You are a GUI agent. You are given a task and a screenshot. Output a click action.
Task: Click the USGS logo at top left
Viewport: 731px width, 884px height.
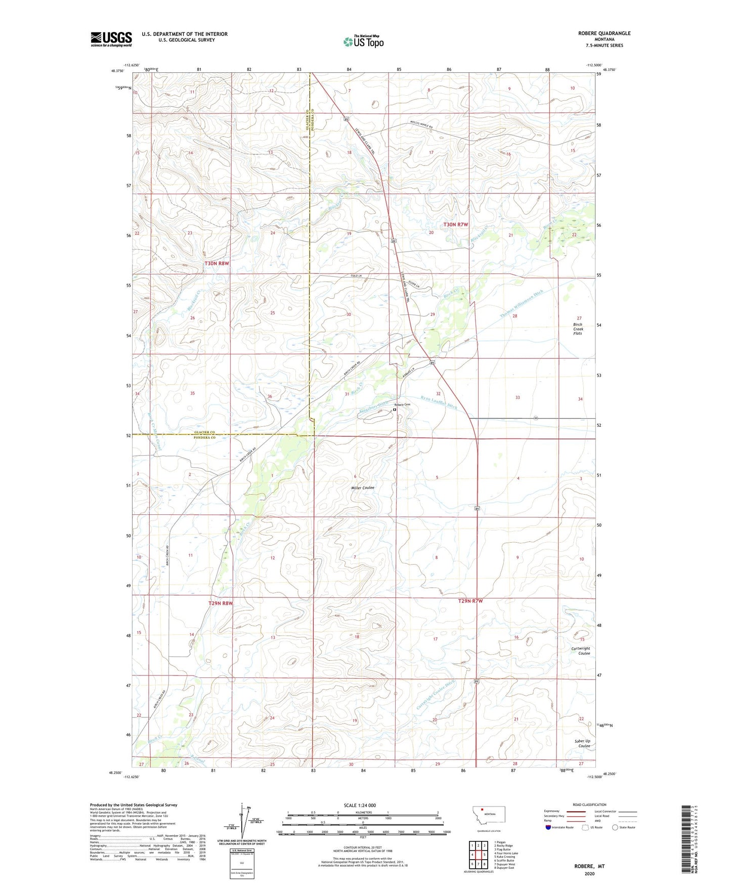(111, 39)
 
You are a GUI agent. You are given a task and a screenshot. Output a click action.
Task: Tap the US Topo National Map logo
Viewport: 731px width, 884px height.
(363, 42)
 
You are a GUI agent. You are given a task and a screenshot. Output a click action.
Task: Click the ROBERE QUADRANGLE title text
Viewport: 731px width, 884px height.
(604, 33)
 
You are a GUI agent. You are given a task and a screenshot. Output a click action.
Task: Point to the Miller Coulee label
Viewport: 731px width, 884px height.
(363, 488)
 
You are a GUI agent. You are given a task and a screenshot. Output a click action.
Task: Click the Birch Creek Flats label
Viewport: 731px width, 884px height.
(578, 329)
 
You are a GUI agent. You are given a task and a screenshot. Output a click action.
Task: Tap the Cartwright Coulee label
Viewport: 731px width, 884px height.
(580, 651)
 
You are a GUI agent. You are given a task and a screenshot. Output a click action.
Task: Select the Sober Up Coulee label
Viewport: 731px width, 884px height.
(582, 743)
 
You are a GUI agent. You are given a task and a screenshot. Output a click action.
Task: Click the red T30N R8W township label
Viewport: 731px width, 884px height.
(217, 264)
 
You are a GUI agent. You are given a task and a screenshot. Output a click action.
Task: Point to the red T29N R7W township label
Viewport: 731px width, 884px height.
(470, 601)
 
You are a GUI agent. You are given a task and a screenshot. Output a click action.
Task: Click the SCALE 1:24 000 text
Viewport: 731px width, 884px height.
(360, 805)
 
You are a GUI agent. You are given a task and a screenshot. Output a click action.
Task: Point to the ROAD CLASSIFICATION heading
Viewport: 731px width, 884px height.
(589, 805)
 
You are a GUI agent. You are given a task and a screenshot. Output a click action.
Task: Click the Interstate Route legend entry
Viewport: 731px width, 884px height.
(560, 827)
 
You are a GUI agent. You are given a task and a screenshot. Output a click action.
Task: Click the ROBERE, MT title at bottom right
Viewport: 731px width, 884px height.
(589, 866)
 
